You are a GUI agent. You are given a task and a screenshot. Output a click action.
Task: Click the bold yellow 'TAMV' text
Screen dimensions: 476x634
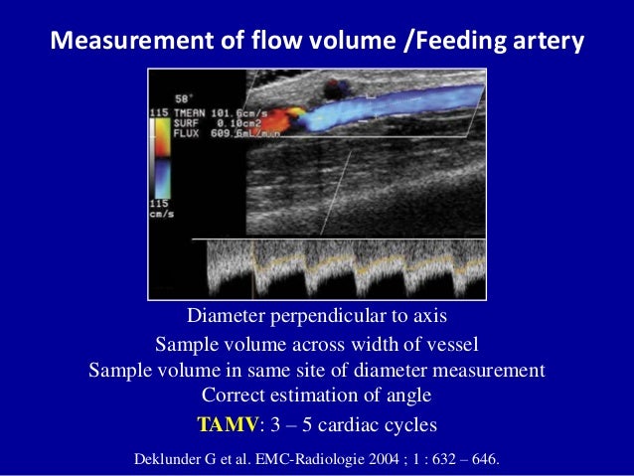[228, 425]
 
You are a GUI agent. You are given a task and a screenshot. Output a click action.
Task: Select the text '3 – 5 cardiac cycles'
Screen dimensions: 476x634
[353, 425]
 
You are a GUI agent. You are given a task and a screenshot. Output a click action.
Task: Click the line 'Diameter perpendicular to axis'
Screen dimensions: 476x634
[316, 317]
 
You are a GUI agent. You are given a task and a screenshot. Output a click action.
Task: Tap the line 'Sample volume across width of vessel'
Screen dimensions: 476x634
[316, 344]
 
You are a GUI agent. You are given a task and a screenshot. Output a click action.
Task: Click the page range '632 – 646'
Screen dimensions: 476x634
[468, 459]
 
